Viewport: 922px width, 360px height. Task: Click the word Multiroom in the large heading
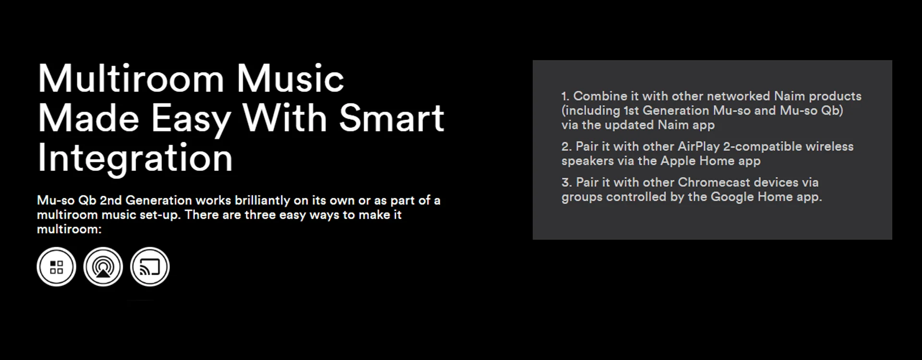pyautogui.click(x=131, y=79)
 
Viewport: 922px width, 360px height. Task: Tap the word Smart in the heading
pyautogui.click(x=391, y=118)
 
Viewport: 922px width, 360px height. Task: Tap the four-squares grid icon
pyautogui.click(x=57, y=267)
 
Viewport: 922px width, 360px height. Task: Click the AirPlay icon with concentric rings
pyautogui.click(x=103, y=267)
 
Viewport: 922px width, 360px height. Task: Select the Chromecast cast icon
pyautogui.click(x=150, y=267)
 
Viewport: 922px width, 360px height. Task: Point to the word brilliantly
pyautogui.click(x=262, y=201)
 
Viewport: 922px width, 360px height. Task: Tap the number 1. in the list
pyautogui.click(x=565, y=96)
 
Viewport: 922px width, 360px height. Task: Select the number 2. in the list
pyautogui.click(x=567, y=146)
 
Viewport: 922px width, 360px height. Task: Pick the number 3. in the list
pyautogui.click(x=567, y=182)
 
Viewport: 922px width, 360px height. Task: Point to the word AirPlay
pyautogui.click(x=699, y=147)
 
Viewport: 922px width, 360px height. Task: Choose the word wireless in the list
pyautogui.click(x=829, y=146)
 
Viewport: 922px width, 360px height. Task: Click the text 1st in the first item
pyautogui.click(x=631, y=110)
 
